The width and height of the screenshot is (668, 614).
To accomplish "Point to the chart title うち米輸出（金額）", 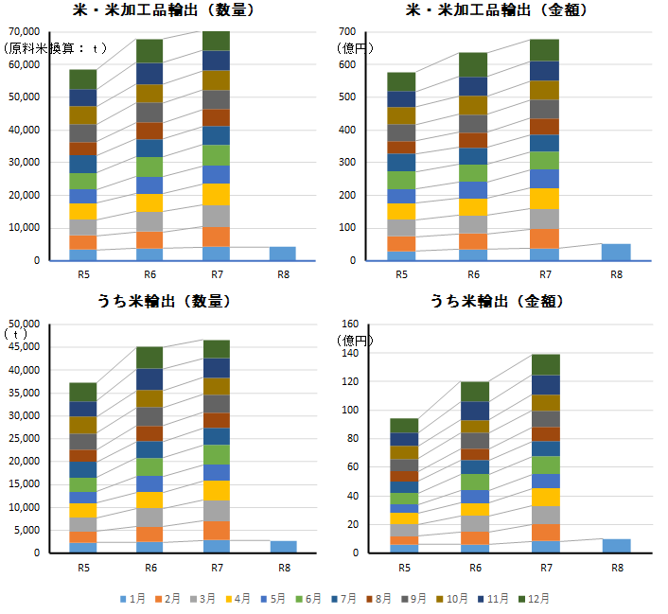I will coord(498,302).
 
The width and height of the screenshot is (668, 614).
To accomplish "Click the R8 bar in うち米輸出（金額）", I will coord(616,545).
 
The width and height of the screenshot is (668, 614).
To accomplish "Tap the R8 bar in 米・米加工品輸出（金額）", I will coord(616,252).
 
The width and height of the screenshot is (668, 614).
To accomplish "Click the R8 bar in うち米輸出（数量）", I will coord(283,546).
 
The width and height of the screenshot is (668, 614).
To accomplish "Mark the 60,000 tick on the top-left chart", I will coord(22,64).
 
